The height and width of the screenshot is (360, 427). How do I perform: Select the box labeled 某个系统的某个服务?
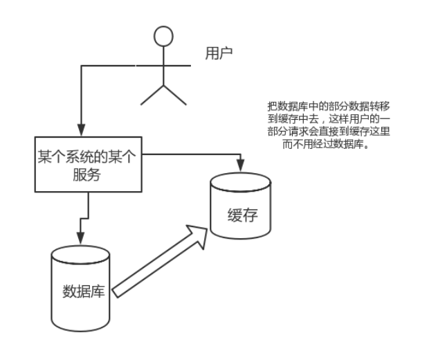click(88, 164)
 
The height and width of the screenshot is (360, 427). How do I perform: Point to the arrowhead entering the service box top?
click(81, 130)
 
